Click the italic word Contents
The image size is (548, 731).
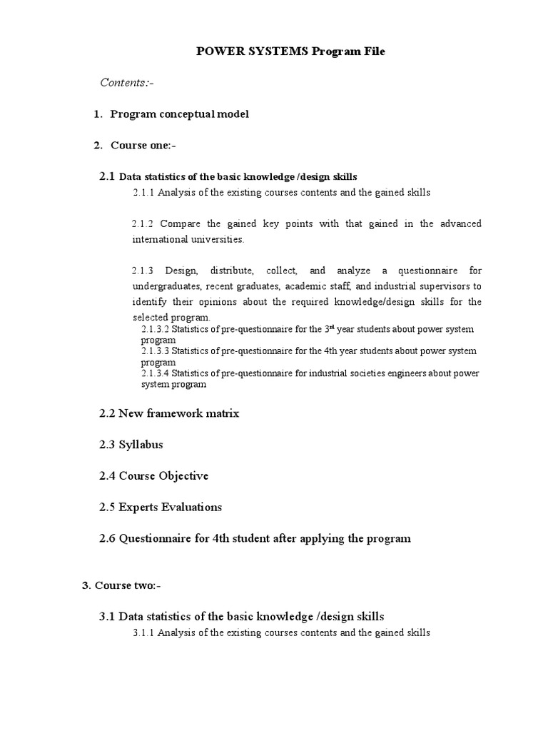(x=123, y=83)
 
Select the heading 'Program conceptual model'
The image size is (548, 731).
(x=180, y=114)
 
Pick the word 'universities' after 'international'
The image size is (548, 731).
(x=215, y=240)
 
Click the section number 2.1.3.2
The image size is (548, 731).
(x=156, y=329)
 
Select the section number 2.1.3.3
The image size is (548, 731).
(x=156, y=351)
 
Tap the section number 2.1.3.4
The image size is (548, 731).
(x=156, y=373)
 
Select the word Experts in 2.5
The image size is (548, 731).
(x=139, y=508)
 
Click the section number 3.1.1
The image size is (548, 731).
(x=143, y=633)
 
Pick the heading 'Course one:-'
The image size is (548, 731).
(x=143, y=146)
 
